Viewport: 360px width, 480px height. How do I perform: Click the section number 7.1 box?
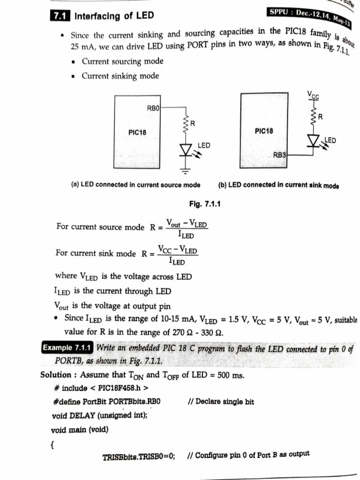pyautogui.click(x=59, y=16)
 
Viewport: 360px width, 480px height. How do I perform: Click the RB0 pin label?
pyautogui.click(x=154, y=108)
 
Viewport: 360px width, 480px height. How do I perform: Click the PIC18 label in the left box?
pyautogui.click(x=137, y=133)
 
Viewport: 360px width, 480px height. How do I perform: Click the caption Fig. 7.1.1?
pyautogui.click(x=205, y=204)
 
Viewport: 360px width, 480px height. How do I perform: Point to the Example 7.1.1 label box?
pyautogui.click(x=68, y=348)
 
